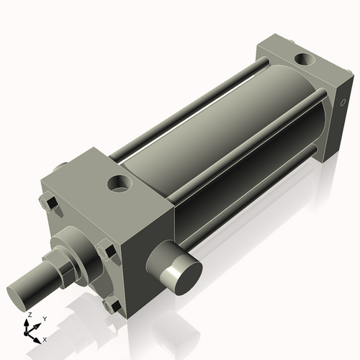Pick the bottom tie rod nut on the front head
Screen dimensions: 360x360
[x=112, y=306]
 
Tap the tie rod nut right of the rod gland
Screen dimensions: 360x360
[x=108, y=253]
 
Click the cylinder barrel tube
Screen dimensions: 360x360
[x=216, y=137]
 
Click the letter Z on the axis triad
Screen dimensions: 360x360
[x=28, y=315]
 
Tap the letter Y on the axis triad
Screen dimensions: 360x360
[x=43, y=318]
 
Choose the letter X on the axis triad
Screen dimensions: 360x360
[x=45, y=338]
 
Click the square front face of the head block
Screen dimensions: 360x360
[x=79, y=238]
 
